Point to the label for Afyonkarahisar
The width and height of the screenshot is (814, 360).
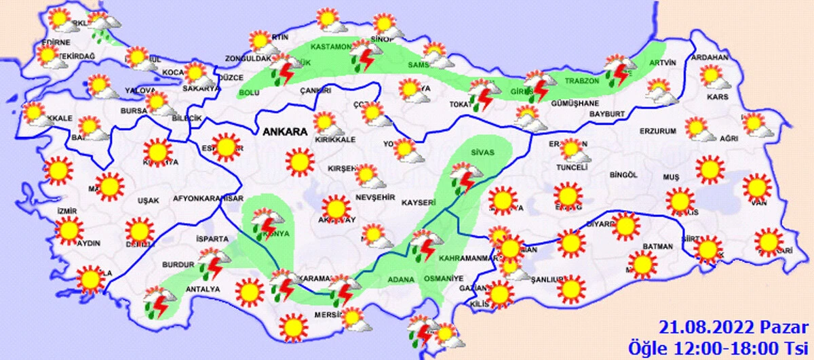point(208,199)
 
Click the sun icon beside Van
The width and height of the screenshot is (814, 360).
point(756,188)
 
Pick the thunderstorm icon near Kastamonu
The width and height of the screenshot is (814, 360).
point(364,56)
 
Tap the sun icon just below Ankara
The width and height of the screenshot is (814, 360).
point(299,162)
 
